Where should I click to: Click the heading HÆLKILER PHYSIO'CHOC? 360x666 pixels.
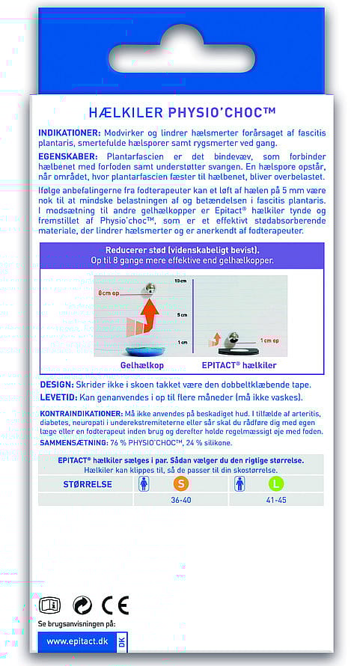tap(183, 113)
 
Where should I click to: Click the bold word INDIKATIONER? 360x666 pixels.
tap(70, 133)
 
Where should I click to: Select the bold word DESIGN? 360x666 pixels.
tap(57, 385)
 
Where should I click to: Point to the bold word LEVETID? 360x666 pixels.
tap(58, 397)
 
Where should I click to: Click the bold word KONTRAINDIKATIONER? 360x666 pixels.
tap(81, 414)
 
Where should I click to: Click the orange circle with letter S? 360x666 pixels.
tap(181, 484)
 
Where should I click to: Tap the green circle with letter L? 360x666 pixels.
tap(276, 484)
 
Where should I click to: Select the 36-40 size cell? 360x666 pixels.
tap(181, 500)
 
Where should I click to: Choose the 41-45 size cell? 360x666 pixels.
tap(276, 500)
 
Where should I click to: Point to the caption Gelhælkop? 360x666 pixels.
tap(142, 365)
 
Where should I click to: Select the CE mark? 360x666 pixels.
tap(115, 605)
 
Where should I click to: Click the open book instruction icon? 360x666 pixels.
tap(49, 605)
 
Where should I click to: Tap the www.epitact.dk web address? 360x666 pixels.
tap(77, 641)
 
